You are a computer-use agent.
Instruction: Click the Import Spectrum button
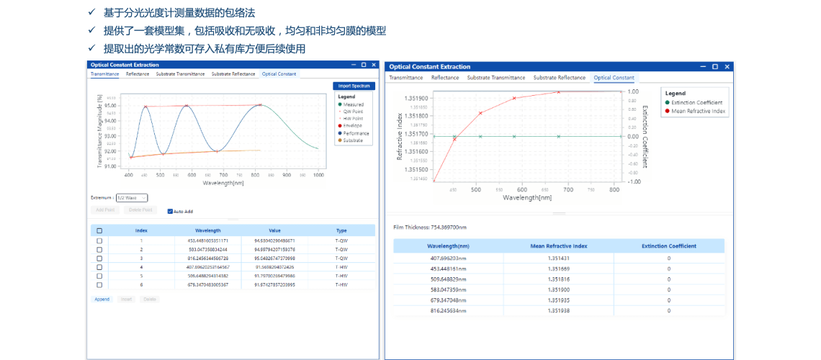click(x=354, y=86)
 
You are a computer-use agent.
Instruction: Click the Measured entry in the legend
click(x=353, y=104)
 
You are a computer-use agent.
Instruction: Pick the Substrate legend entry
click(x=353, y=140)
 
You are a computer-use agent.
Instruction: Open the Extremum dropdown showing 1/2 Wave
click(x=131, y=197)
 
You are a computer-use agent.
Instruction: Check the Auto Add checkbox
click(x=170, y=212)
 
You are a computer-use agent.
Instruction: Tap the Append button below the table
click(x=102, y=299)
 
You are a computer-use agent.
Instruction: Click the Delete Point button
click(x=140, y=210)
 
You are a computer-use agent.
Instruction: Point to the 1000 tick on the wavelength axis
click(x=318, y=175)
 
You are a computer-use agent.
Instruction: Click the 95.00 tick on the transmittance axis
click(x=110, y=106)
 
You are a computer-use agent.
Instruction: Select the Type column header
click(x=341, y=230)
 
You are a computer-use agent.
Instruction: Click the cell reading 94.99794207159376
click(x=274, y=249)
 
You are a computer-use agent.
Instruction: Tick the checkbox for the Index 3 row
click(x=99, y=258)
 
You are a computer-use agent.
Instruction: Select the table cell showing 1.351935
click(x=558, y=300)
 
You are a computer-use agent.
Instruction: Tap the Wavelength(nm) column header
click(x=448, y=246)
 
